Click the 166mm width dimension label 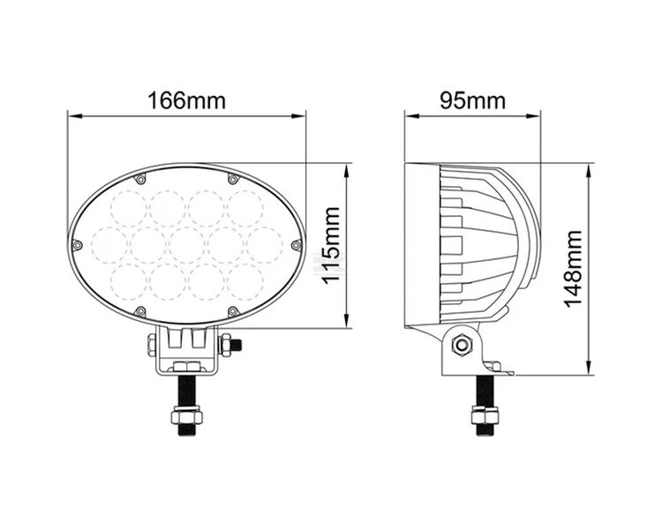pos(187,101)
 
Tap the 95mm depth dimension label pos(472,101)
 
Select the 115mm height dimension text pos(330,245)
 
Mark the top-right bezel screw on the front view pos(233,177)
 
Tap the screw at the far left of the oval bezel pos(79,244)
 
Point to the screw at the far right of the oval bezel pos(296,244)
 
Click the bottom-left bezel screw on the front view pos(139,312)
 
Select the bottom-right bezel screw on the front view pos(233,312)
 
